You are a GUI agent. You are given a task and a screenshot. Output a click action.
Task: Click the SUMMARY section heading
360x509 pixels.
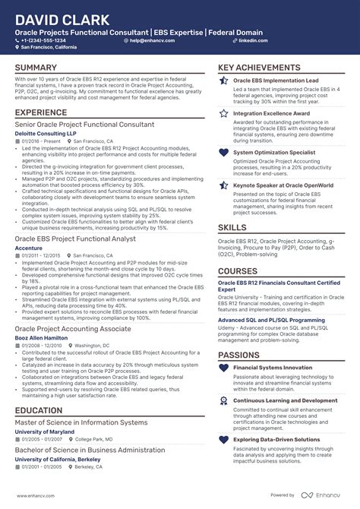click(35, 68)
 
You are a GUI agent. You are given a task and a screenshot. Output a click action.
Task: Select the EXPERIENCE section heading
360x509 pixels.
click(41, 112)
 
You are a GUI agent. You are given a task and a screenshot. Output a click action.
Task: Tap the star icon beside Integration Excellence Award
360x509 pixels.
click(223, 113)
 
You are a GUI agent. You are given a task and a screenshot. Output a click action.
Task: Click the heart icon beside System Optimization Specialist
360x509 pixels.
click(223, 152)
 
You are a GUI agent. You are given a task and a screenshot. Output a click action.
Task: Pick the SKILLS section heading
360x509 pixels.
click(232, 227)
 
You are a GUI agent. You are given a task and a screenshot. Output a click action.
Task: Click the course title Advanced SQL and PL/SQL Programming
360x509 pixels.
click(271, 320)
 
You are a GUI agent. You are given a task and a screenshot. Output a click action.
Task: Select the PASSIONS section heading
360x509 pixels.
click(239, 354)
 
